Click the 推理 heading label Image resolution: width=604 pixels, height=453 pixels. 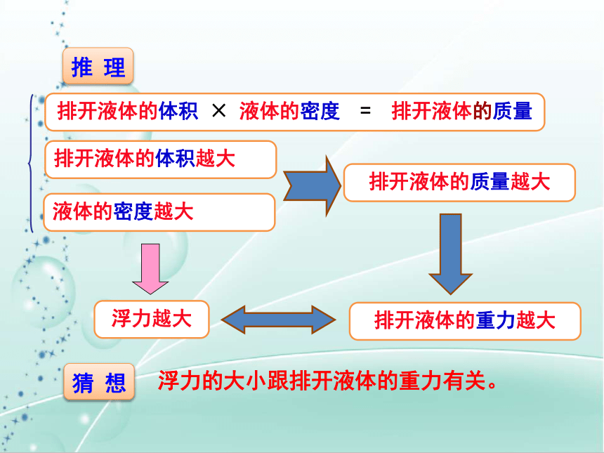tap(98, 67)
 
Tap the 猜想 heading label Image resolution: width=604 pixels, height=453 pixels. tap(99, 382)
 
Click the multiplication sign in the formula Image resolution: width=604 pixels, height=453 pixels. tap(219, 111)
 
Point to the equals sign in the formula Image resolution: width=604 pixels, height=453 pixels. tap(365, 112)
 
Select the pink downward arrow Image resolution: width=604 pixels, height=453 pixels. tap(150, 269)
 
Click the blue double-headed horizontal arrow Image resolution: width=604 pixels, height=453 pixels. tap(279, 320)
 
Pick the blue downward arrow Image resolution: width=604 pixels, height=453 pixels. tap(451, 254)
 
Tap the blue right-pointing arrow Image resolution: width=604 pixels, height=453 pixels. tap(312, 185)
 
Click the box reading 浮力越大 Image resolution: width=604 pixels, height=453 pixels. tap(152, 320)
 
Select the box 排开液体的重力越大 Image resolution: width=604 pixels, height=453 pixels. tap(465, 321)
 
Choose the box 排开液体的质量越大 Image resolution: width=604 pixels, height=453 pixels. tap(459, 183)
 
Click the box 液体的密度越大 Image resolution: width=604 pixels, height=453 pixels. tap(159, 212)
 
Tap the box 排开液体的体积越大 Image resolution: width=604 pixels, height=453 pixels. tap(161, 159)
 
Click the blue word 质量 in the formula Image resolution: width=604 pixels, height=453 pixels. tap(513, 112)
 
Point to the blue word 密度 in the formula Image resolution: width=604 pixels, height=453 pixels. tap(320, 112)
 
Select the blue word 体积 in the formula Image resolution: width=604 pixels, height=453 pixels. tap(178, 112)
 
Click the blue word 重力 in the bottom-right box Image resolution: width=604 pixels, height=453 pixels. tap(496, 320)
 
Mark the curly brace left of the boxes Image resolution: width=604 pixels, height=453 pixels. tap(29, 164)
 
